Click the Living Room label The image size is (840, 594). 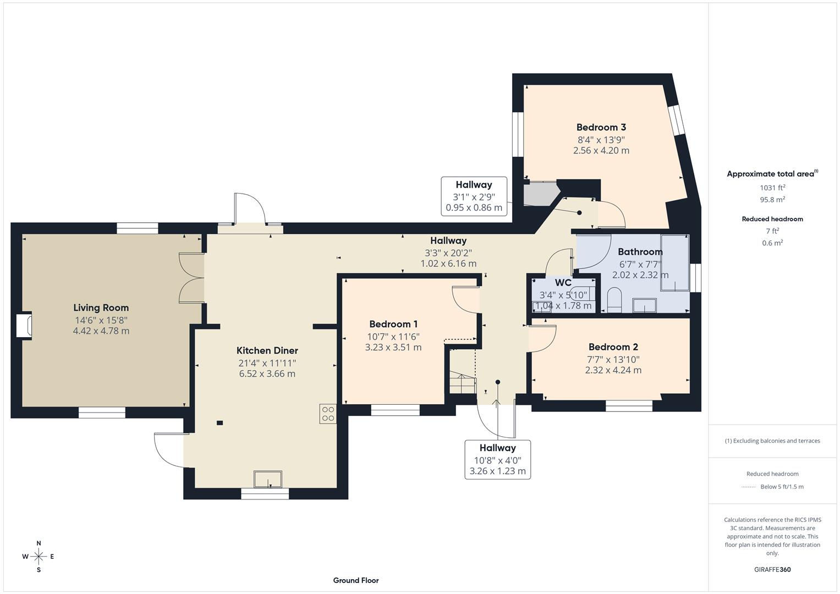click(x=101, y=308)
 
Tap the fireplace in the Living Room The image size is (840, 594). click(x=24, y=325)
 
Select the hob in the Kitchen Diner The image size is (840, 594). click(x=328, y=414)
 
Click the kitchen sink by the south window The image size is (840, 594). click(x=267, y=479)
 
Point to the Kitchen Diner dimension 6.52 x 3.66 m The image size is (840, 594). click(x=267, y=374)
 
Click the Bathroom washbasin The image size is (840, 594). click(x=644, y=305)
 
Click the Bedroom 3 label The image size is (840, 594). click(x=601, y=128)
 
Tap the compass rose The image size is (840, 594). click(x=39, y=557)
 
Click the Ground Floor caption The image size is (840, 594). click(x=355, y=580)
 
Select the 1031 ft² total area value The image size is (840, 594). click(x=772, y=188)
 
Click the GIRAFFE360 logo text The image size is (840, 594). click(x=772, y=570)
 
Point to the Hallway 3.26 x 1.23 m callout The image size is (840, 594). click(x=497, y=460)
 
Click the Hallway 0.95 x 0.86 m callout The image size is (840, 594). click(x=474, y=196)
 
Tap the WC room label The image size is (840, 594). click(x=563, y=283)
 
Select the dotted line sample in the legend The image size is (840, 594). click(x=748, y=487)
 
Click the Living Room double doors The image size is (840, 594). click(x=191, y=278)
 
